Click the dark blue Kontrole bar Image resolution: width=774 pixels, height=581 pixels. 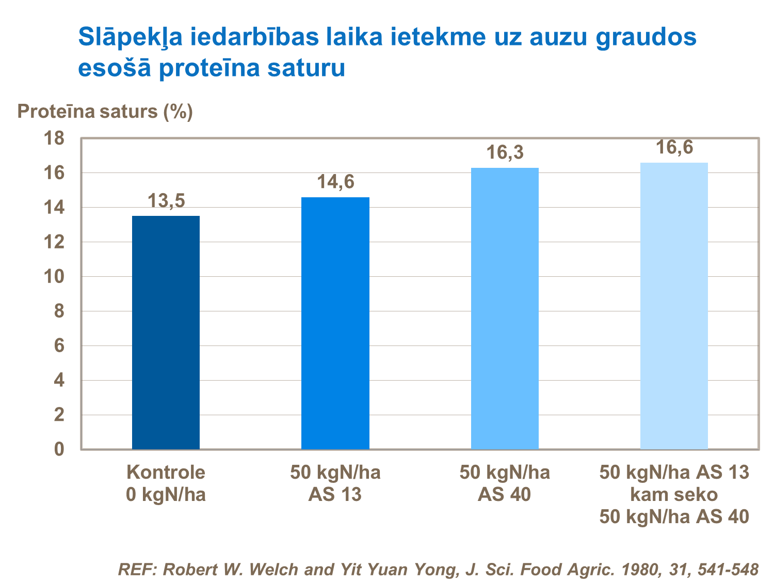point(166,333)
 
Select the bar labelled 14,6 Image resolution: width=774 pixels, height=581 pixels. point(335,323)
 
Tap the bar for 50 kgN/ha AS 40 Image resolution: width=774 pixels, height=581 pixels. point(505,308)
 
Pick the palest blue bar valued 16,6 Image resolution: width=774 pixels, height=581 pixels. point(674,306)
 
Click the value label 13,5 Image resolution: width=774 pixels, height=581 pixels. point(166,201)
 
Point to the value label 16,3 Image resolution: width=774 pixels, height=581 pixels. point(505,153)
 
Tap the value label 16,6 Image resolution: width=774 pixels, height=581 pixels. point(674,148)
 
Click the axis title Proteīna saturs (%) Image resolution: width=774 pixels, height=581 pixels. point(105,111)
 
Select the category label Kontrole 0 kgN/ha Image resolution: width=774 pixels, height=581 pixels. point(166,483)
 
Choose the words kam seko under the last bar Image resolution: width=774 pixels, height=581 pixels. point(674,494)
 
